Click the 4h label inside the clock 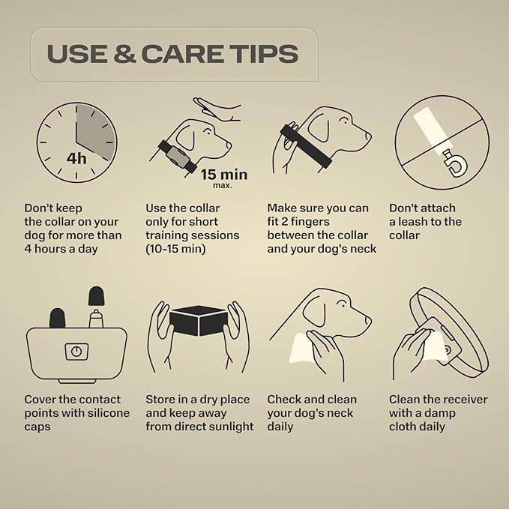click(76, 158)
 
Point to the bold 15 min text click(224, 175)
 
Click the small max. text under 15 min click(223, 186)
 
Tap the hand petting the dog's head click(217, 109)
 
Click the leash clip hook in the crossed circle click(455, 164)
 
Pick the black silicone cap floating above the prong click(97, 296)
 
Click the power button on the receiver click(76, 352)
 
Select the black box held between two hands click(198, 321)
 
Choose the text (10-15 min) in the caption click(175, 249)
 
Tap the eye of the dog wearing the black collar click(343, 121)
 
